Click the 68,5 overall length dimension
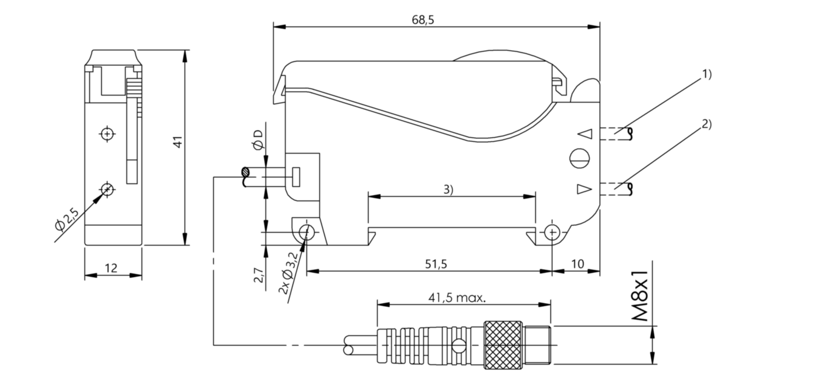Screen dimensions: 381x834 423,19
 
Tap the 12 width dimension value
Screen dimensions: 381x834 112,268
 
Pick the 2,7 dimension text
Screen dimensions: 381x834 259,276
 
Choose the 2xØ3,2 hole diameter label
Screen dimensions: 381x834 289,274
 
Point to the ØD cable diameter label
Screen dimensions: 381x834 259,139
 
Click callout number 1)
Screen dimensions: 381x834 706,74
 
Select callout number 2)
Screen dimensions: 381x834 706,124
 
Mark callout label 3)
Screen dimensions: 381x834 448,189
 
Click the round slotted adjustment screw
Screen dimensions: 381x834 578,158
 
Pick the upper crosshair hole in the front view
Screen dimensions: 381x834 107,133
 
